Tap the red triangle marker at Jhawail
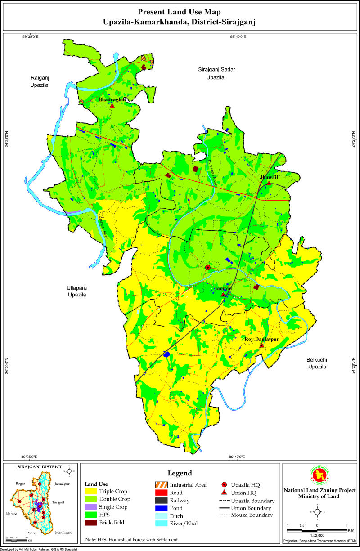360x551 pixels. pyautogui.click(x=269, y=184)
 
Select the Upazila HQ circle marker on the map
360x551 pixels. pyautogui.click(x=207, y=268)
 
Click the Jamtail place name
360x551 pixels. pyautogui.click(x=223, y=288)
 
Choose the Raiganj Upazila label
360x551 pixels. pyautogui.click(x=39, y=81)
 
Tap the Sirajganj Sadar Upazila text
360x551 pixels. pyautogui.click(x=216, y=73)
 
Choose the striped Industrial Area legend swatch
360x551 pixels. pyautogui.click(x=160, y=485)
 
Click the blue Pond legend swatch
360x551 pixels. pyautogui.click(x=160, y=508)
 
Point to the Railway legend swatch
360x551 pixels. pyautogui.click(x=160, y=500)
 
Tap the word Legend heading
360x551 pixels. pyautogui.click(x=180, y=473)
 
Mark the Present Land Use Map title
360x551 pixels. pyautogui.click(x=180, y=12)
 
